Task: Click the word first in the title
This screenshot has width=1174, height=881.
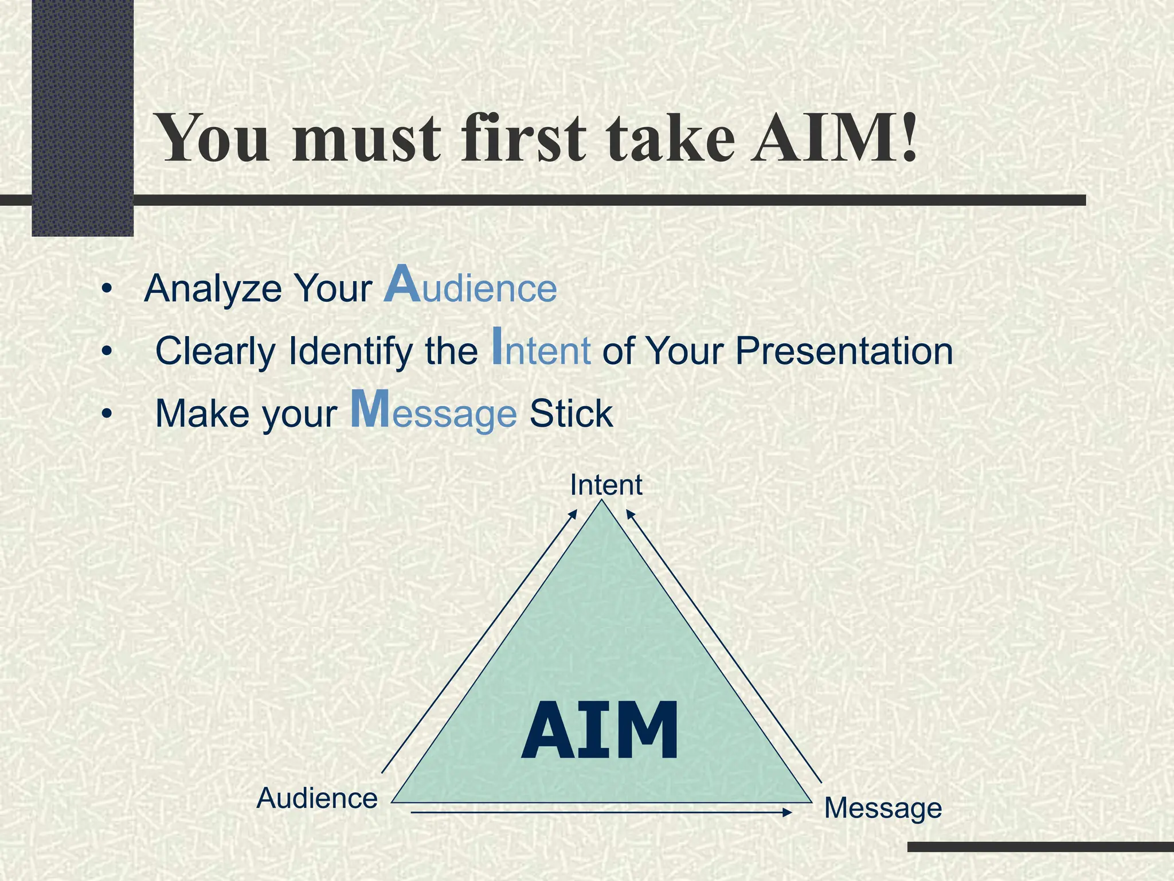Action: [x=523, y=139]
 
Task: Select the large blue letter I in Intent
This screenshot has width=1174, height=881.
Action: [x=497, y=346]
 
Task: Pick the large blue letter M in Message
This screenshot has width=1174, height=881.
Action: [x=370, y=409]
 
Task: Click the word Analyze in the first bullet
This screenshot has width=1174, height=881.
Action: [x=213, y=289]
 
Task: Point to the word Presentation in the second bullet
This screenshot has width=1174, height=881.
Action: [x=844, y=351]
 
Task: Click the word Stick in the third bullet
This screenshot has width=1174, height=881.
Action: [x=571, y=414]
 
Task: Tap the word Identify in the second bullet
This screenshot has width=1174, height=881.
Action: [x=350, y=351]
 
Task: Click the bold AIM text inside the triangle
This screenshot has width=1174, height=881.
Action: [x=600, y=732]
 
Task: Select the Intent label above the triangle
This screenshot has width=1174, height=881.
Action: [x=606, y=485]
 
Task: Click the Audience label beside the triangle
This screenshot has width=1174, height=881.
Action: [x=317, y=798]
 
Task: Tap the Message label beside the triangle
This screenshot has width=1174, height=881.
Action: [x=883, y=808]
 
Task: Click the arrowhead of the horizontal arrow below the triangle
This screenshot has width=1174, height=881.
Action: [x=788, y=812]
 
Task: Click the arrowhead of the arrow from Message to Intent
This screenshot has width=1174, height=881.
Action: [x=629, y=513]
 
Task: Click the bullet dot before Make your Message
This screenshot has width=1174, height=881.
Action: [x=105, y=414]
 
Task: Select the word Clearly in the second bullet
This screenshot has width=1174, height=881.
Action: [x=216, y=351]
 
